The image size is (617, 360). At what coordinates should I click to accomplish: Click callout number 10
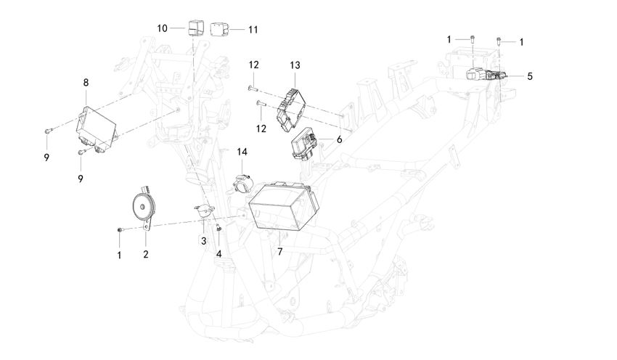(163, 28)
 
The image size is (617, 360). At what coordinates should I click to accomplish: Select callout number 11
(253, 30)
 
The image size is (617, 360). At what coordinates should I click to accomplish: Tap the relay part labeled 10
(194, 27)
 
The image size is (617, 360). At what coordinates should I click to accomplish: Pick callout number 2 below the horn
(146, 254)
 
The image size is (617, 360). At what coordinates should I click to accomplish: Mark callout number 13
(295, 65)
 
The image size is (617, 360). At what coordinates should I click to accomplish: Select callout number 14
(242, 152)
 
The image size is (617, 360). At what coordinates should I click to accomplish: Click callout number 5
(529, 75)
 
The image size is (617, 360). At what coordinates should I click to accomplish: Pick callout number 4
(218, 254)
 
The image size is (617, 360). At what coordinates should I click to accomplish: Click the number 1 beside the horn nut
(120, 254)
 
